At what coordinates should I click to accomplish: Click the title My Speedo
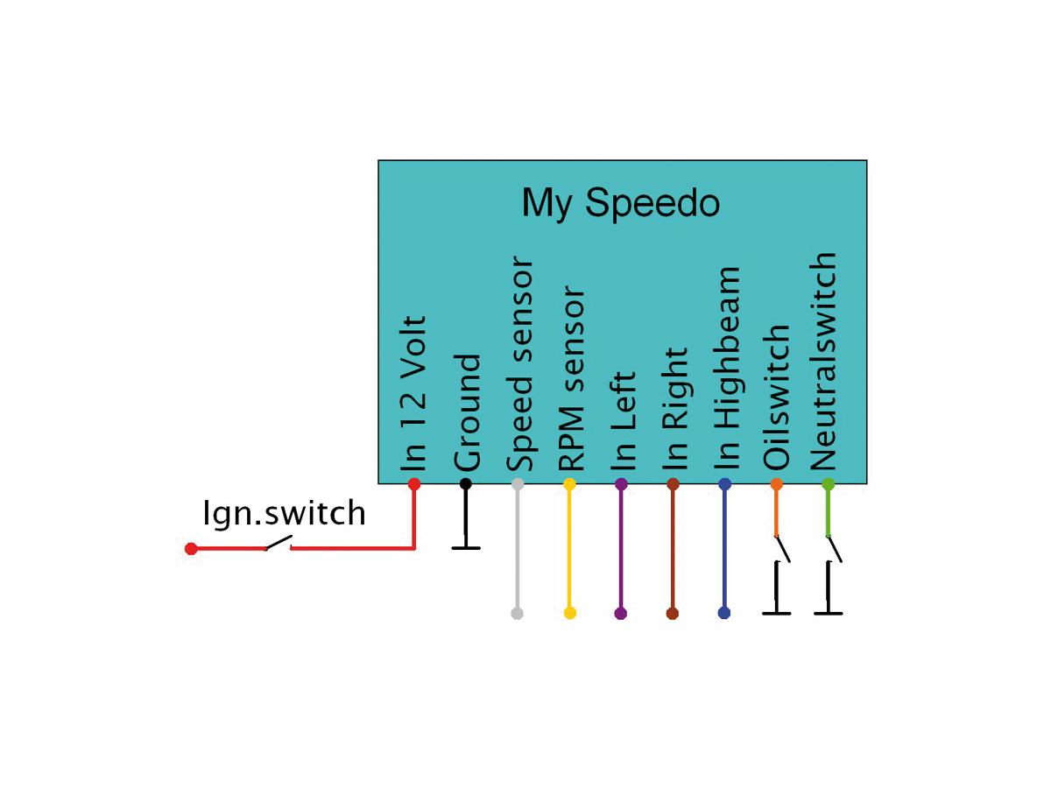[620, 203]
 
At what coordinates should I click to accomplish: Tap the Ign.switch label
[284, 513]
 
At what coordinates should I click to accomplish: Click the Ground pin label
[466, 412]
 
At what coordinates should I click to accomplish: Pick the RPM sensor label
[570, 378]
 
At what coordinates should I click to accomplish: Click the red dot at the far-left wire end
[191, 549]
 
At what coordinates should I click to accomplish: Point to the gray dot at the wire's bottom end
[517, 613]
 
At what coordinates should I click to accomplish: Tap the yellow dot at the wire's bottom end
[570, 613]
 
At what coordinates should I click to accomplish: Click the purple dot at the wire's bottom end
[621, 613]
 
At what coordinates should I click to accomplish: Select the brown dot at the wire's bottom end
[673, 613]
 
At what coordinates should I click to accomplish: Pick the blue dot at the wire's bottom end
[724, 613]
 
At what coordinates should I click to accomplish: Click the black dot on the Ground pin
[466, 483]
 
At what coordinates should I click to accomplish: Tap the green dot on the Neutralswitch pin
[828, 483]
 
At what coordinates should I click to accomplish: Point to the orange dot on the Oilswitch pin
[776, 483]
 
